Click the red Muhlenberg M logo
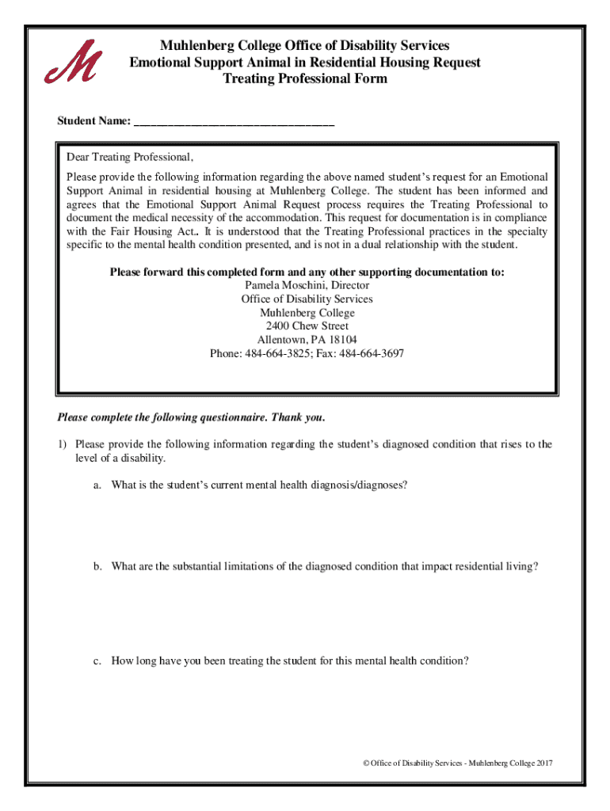click(72, 61)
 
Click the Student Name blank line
click(234, 124)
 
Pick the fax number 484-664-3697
click(372, 353)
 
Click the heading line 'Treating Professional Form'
click(305, 79)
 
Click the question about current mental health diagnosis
click(260, 484)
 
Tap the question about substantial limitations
click(325, 566)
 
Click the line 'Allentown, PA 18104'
click(307, 340)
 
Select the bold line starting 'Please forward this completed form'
click(307, 272)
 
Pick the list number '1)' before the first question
click(61, 444)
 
